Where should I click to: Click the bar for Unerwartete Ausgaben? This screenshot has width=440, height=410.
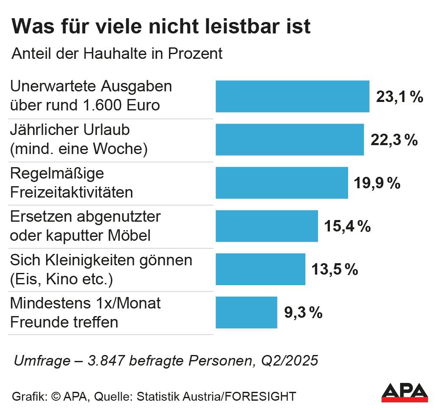[292, 96]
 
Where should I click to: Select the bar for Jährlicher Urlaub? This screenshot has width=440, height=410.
[290, 140]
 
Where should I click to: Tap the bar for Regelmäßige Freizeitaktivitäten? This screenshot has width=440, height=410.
[282, 183]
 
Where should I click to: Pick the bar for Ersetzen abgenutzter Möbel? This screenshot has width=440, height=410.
[267, 226]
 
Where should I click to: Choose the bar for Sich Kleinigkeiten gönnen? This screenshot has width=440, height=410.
[260, 269]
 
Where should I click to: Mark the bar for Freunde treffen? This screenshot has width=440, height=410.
[246, 312]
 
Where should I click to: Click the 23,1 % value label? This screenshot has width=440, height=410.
[399, 97]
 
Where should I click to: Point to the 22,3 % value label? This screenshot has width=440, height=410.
[394, 140]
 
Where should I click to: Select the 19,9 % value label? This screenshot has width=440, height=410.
[376, 183]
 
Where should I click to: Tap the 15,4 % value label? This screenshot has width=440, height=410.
[347, 226]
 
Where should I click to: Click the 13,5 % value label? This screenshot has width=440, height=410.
[335, 270]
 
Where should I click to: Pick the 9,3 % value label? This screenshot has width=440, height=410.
[303, 313]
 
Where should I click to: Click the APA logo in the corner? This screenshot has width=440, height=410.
[404, 393]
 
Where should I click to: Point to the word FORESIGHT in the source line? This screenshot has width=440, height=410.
[260, 396]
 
